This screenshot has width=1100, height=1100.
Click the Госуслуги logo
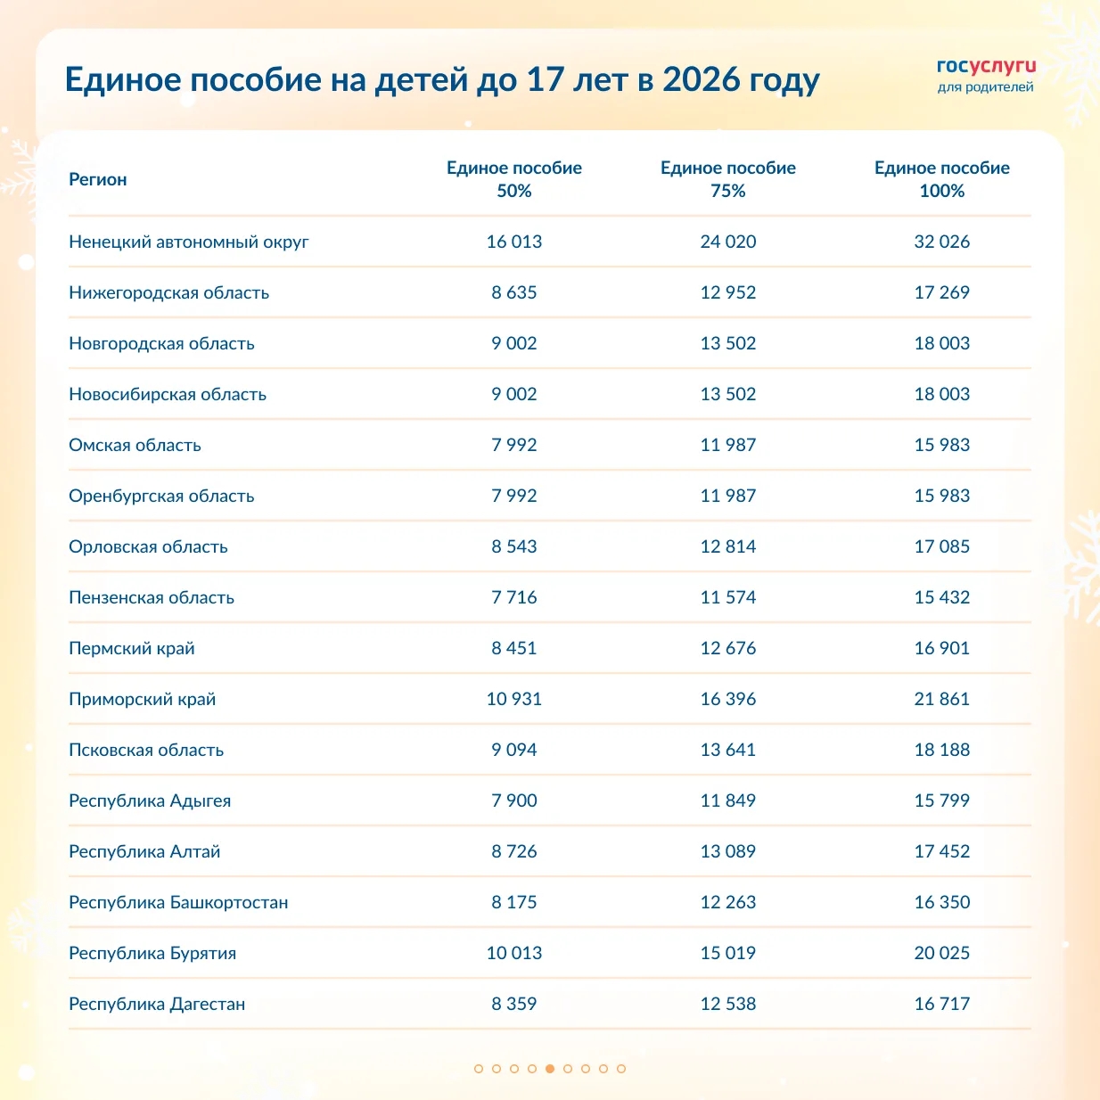[986, 76]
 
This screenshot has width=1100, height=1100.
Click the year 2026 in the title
[702, 79]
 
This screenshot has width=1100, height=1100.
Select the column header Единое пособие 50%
[514, 179]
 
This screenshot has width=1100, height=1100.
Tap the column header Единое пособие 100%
[941, 179]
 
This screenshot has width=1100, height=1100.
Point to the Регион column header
[98, 179]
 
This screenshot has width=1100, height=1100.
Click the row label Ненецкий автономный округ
[189, 242]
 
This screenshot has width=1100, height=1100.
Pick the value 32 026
[941, 242]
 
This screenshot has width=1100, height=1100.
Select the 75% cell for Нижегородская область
[727, 292]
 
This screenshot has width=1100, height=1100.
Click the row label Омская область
[135, 445]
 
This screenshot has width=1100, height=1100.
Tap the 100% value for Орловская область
[941, 546]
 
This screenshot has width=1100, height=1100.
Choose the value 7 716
[514, 597]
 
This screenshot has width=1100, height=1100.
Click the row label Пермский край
[132, 648]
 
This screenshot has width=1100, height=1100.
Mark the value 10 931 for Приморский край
[514, 699]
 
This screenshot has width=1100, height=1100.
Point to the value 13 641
[727, 750]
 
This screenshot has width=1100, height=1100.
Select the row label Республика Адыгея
[150, 800]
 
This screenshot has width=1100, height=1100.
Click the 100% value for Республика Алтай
[941, 851]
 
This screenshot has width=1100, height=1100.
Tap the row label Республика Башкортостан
[178, 902]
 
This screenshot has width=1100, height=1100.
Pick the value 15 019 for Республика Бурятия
[727, 953]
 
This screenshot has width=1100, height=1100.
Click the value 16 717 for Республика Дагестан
[941, 1004]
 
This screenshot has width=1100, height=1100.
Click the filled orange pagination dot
[550, 1068]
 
